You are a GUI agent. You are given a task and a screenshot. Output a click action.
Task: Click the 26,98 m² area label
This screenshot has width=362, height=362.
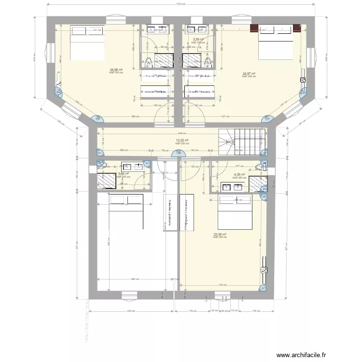pos(116,70)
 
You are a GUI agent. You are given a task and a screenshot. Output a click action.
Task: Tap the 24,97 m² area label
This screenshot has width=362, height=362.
pos(249,74)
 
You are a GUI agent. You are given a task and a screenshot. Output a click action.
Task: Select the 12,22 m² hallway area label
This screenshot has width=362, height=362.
pos(181,141)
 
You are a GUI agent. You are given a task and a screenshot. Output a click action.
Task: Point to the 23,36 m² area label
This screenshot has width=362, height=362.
pos(220,235)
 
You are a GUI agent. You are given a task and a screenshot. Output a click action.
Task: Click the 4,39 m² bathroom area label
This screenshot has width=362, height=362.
pos(239,175)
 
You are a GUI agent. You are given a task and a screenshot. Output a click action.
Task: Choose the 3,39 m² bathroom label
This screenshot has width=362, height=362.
pos(198,40)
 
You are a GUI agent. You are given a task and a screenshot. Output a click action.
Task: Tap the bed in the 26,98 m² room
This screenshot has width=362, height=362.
pos(88,42)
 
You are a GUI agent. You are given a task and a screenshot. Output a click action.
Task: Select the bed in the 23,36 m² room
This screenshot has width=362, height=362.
pos(236,212)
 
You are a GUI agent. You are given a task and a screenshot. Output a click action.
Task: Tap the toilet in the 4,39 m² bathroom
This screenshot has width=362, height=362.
pos(261,167)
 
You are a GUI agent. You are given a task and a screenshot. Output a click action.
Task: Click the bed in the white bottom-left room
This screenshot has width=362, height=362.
pos(126,211)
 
